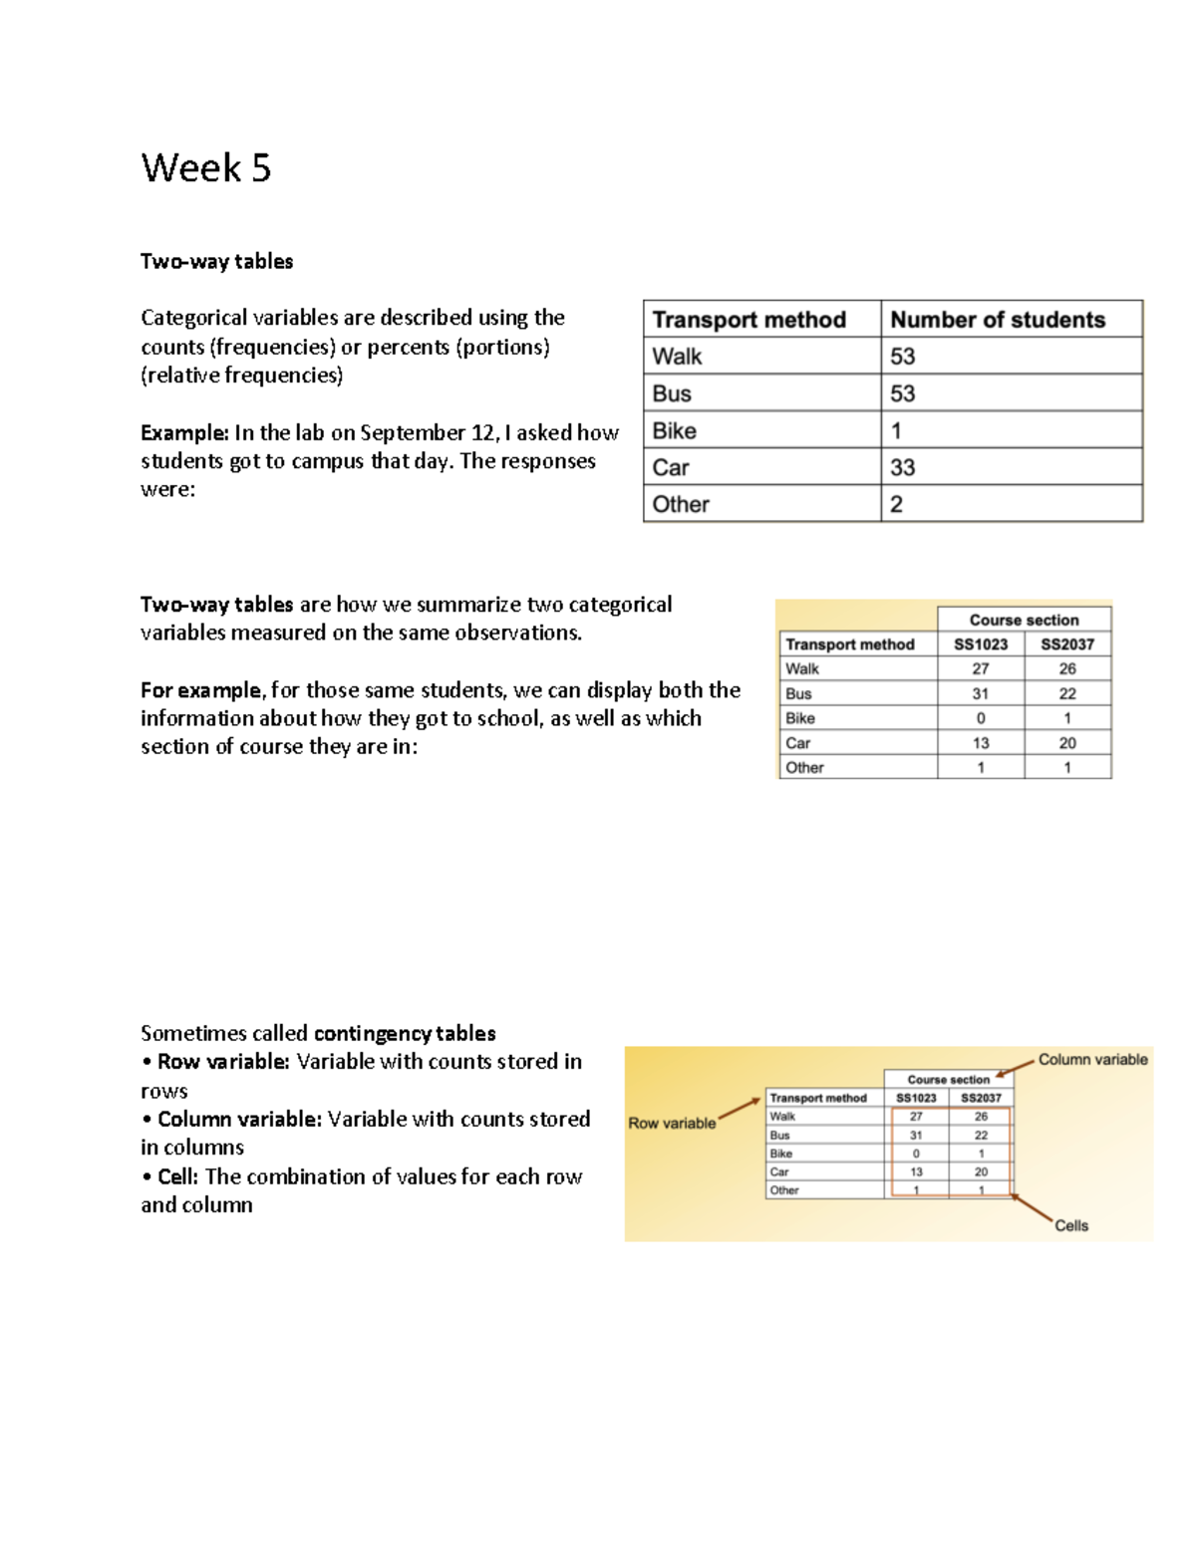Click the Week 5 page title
click(x=205, y=167)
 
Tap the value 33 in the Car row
click(x=902, y=467)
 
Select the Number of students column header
click(x=997, y=320)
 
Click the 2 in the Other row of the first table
click(x=896, y=504)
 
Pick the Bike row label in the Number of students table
click(x=674, y=430)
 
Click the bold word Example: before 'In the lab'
click(x=184, y=432)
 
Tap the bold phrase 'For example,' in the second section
click(x=202, y=689)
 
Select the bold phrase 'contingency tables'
click(x=404, y=1033)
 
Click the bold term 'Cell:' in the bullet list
click(x=178, y=1176)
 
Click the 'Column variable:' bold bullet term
click(x=239, y=1119)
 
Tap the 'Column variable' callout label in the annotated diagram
click(x=1092, y=1059)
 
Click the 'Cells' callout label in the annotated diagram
click(x=1071, y=1225)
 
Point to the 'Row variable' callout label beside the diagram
click(x=672, y=1123)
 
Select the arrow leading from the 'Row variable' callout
click(x=740, y=1109)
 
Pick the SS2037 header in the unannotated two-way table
click(x=1066, y=645)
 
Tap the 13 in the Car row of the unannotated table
click(x=981, y=743)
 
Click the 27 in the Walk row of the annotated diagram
click(x=916, y=1117)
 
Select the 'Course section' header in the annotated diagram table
click(x=948, y=1079)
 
